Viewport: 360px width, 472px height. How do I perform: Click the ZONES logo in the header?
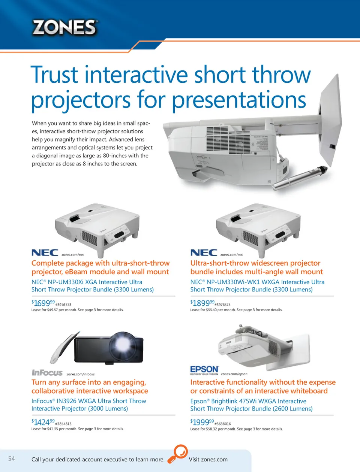pyautogui.click(x=64, y=27)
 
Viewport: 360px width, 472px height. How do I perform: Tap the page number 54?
pyautogui.click(x=11, y=459)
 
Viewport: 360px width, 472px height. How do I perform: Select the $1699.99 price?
pyautogui.click(x=43, y=303)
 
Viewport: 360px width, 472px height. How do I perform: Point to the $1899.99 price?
pyautogui.click(x=202, y=303)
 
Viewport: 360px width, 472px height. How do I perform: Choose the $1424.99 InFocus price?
pyautogui.click(x=43, y=422)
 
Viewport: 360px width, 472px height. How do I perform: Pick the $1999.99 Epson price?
pyautogui.click(x=202, y=422)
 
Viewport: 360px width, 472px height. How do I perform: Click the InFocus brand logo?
pyautogui.click(x=47, y=373)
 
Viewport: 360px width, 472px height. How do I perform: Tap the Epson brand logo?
pyautogui.click(x=204, y=370)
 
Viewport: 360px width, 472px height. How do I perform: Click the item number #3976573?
pyautogui.click(x=63, y=305)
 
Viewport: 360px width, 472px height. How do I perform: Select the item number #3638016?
pyautogui.click(x=222, y=424)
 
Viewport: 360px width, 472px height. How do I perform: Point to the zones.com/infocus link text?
pyautogui.click(x=81, y=374)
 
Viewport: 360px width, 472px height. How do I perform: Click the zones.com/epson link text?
pyautogui.click(x=234, y=374)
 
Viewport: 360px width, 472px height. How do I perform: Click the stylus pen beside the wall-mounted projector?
pyautogui.click(x=300, y=178)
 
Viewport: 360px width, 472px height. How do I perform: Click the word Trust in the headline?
pyautogui.click(x=54, y=75)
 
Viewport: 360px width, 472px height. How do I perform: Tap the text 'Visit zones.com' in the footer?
pyautogui.click(x=208, y=460)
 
